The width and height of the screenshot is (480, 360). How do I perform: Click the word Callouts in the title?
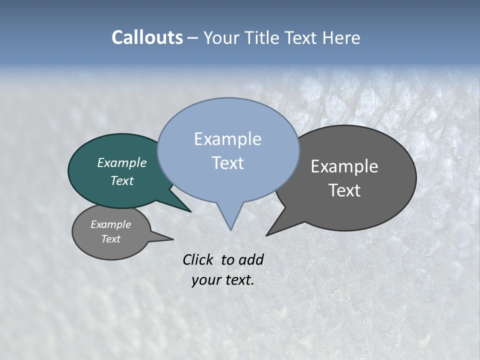(x=147, y=37)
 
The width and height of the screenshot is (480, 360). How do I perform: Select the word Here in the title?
(x=341, y=37)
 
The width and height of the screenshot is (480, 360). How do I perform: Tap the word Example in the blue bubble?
(x=227, y=139)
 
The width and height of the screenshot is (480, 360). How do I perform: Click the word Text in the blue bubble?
(x=227, y=163)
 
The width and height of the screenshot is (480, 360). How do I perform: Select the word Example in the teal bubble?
(x=121, y=162)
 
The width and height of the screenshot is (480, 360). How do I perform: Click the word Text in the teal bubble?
(x=121, y=180)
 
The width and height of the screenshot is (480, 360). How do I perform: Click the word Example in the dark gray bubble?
(x=344, y=166)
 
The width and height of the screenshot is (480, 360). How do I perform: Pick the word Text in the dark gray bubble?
(x=344, y=190)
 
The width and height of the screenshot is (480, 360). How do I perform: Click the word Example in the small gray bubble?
(x=110, y=224)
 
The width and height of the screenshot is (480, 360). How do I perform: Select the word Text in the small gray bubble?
(x=110, y=239)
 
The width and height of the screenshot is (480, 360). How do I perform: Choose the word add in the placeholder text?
(x=251, y=259)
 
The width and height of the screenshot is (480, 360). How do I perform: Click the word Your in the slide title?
(x=221, y=37)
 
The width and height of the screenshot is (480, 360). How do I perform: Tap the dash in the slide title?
(x=193, y=38)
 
